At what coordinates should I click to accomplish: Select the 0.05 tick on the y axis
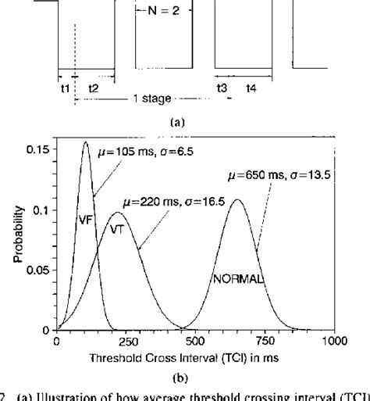click(36, 270)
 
